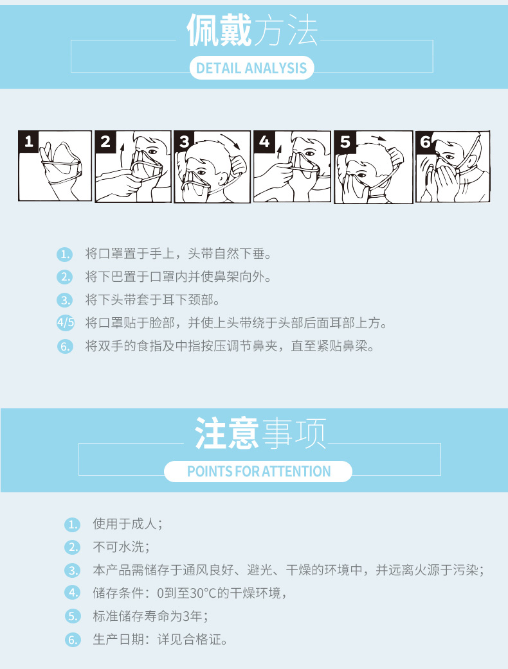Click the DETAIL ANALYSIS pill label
click(x=251, y=68)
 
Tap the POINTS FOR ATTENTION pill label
click(x=259, y=471)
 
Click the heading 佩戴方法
click(x=253, y=30)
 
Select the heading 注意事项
click(x=260, y=433)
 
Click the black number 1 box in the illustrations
click(x=29, y=141)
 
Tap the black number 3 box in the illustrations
click(x=184, y=141)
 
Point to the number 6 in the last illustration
click(x=425, y=141)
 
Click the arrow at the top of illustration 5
click(x=379, y=139)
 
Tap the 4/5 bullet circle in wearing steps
click(x=66, y=323)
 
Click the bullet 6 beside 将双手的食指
click(x=65, y=347)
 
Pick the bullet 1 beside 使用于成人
click(x=73, y=525)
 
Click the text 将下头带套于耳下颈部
click(x=149, y=300)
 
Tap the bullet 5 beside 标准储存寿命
click(x=73, y=616)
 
